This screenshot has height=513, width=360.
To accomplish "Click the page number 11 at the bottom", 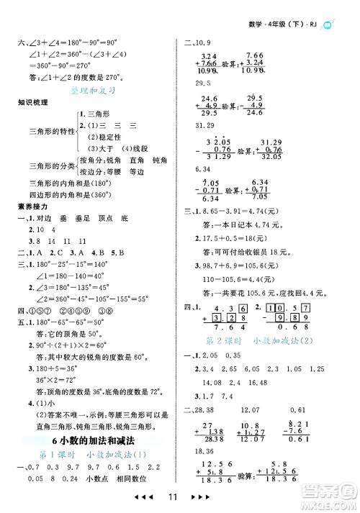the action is (x=180, y=498).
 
